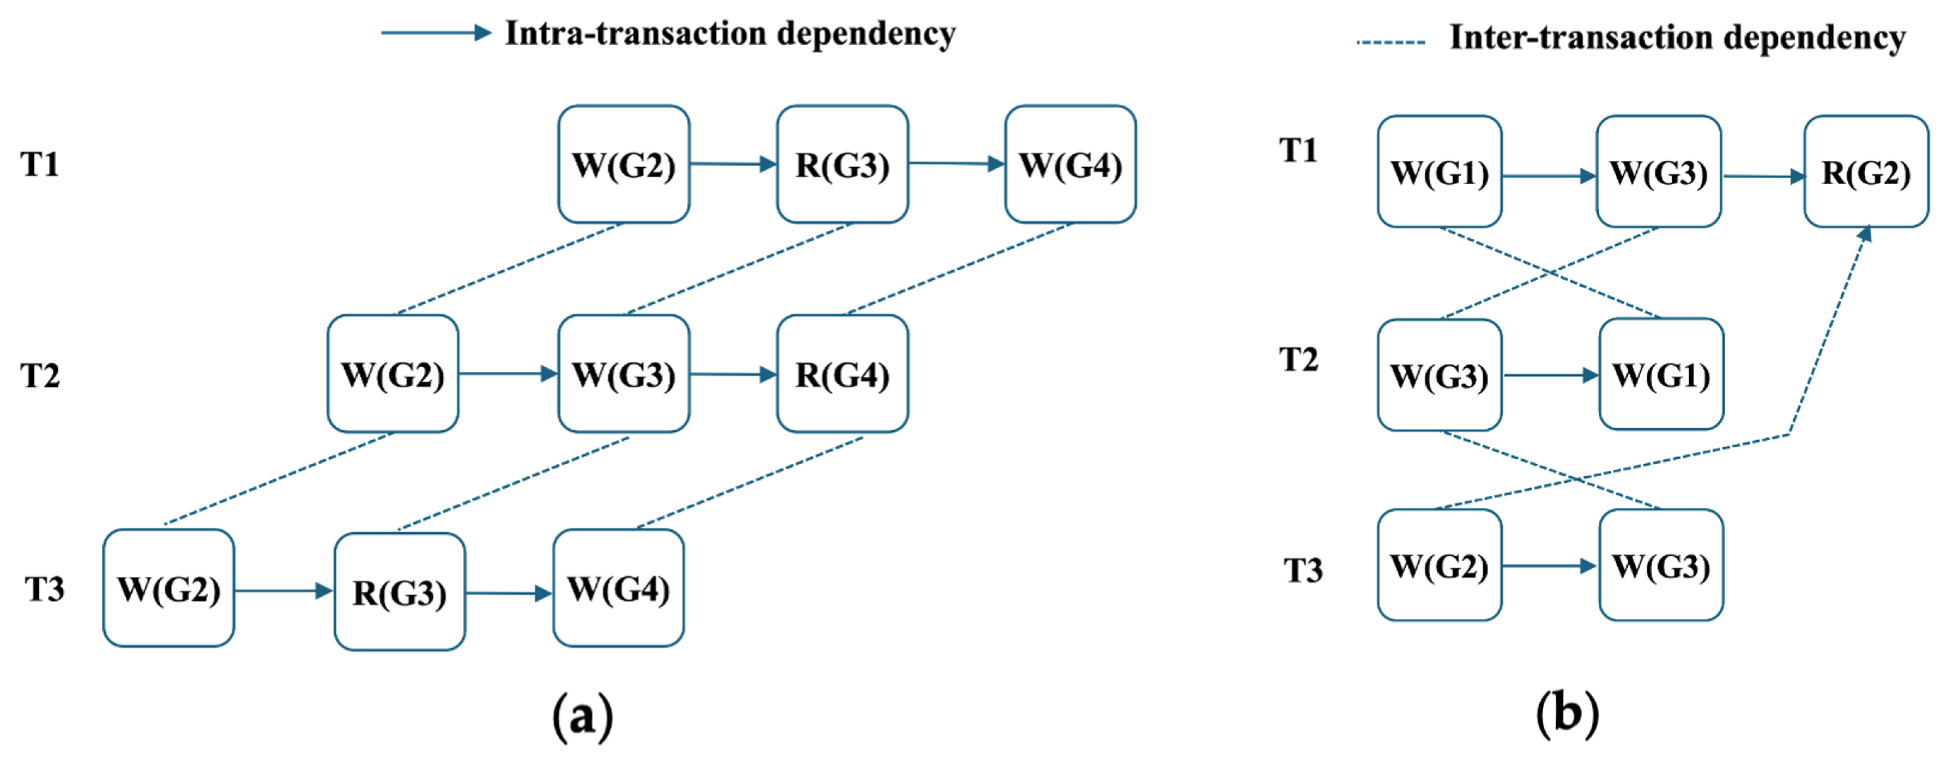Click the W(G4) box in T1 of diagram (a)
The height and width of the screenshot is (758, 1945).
tap(1070, 164)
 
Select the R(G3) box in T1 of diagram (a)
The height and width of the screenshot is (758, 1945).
tap(842, 164)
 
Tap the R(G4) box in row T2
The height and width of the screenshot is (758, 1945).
tap(842, 374)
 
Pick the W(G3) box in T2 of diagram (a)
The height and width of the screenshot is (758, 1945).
tap(623, 374)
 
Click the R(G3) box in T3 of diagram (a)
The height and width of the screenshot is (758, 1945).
tap(400, 592)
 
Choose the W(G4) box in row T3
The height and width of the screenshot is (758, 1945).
tap(618, 588)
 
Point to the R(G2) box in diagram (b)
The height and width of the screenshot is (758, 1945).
tap(1866, 172)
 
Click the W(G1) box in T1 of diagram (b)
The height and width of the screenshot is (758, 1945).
tap(1439, 172)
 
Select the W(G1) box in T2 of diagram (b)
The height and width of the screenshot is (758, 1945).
tap(1661, 375)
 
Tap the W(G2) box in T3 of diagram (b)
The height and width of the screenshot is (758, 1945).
tap(1439, 566)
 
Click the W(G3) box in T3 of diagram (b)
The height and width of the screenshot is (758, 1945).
tap(1661, 566)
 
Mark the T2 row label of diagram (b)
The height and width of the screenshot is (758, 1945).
tap(1298, 359)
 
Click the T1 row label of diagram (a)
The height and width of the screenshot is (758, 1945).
tap(39, 164)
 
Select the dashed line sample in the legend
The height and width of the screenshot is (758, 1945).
tap(1390, 42)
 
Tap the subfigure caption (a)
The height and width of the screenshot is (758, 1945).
tap(582, 715)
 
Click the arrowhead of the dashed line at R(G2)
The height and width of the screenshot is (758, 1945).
tap(1865, 233)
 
